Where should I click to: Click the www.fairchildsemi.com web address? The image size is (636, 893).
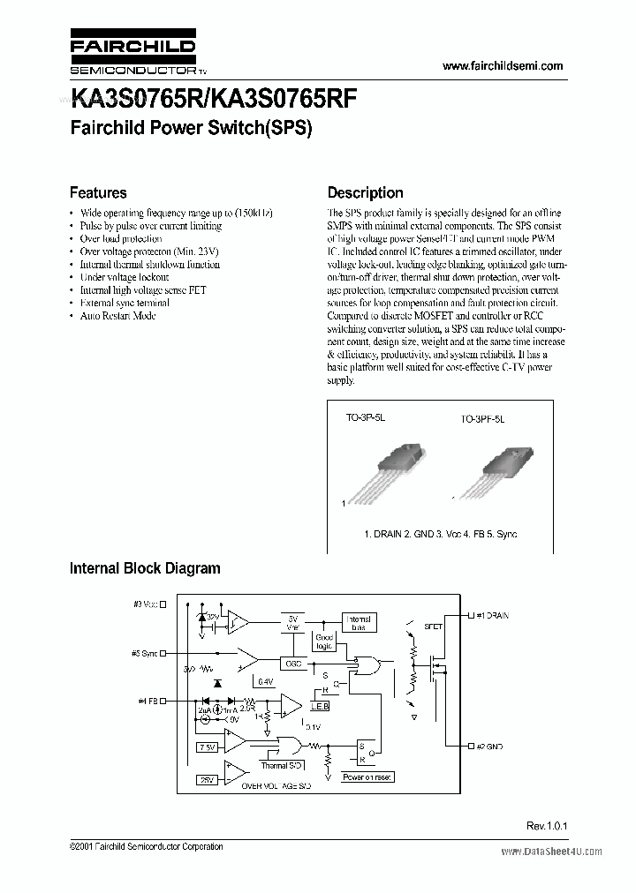(501, 66)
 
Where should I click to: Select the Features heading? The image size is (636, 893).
(98, 192)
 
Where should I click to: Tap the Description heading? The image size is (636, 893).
(365, 192)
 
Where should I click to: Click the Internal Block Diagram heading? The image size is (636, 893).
(145, 568)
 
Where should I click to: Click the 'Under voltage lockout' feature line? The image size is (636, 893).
(124, 277)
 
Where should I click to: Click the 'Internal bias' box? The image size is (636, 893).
(359, 623)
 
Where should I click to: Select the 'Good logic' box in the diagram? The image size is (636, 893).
(324, 642)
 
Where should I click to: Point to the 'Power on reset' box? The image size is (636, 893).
(367, 777)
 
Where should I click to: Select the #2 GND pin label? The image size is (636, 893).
(488, 747)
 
